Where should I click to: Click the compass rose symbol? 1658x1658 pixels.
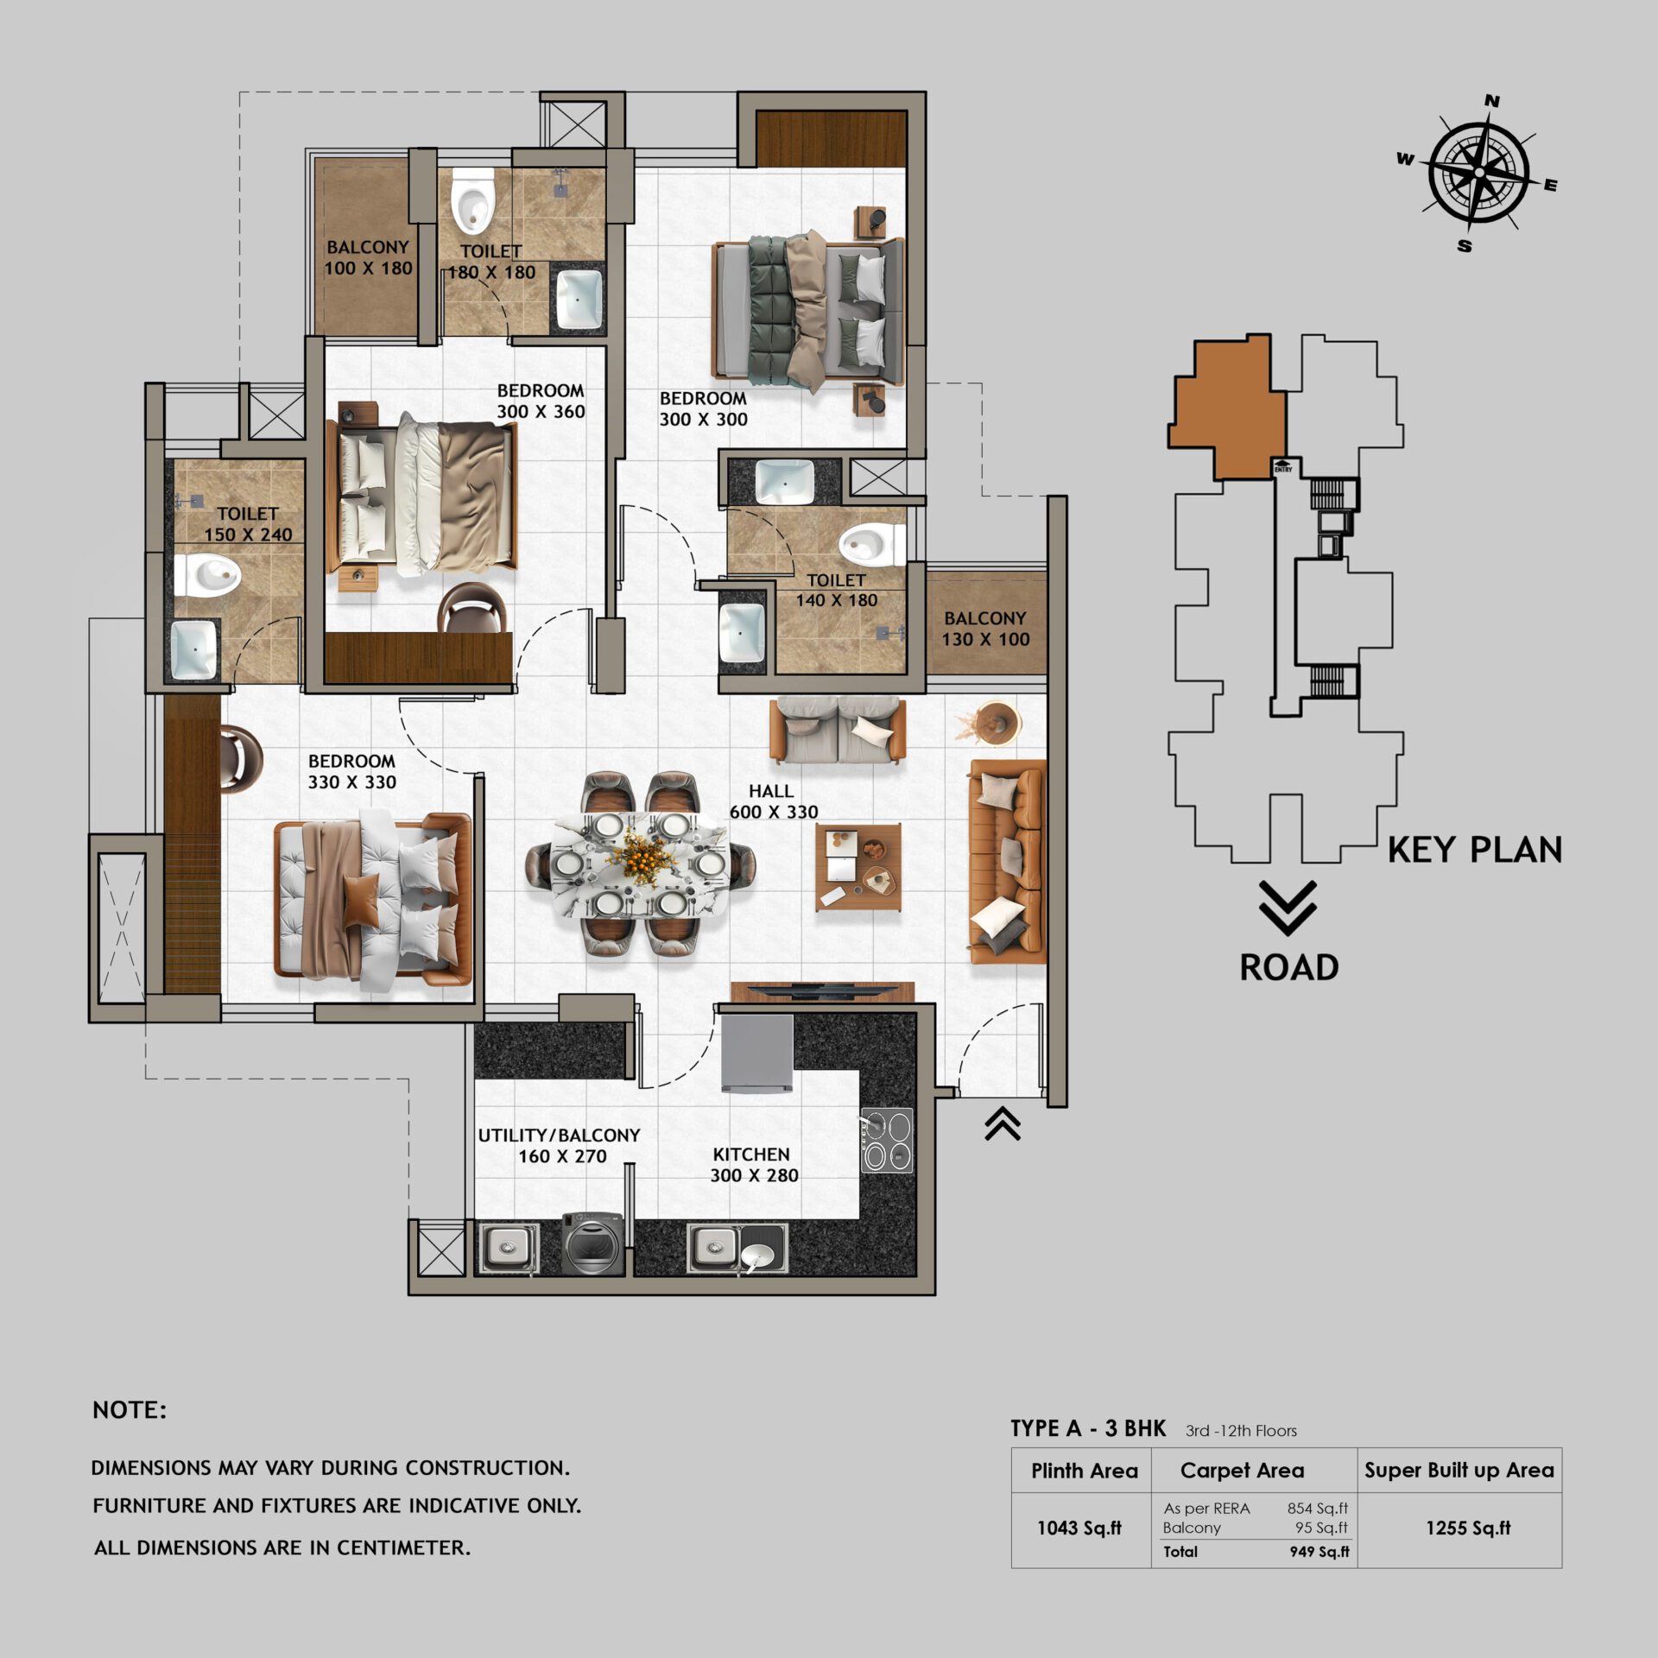point(1478,173)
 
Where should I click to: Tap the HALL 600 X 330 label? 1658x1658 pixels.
point(773,801)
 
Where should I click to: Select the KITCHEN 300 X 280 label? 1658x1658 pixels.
point(753,1165)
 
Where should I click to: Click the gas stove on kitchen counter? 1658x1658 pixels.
point(887,1140)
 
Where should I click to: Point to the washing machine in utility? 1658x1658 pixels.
point(592,1243)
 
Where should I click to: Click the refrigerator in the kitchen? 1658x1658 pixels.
point(757,1054)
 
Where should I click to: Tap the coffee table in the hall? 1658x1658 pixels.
point(858,867)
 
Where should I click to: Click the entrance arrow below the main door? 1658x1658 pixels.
point(1003,1124)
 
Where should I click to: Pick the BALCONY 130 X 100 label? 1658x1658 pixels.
point(984,629)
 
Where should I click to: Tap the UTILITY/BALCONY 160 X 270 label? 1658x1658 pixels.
point(560,1146)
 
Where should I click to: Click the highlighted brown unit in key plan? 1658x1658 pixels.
point(1226,406)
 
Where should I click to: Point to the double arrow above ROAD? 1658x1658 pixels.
point(1287,908)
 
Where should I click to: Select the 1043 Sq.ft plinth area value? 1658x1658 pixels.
point(1079,1528)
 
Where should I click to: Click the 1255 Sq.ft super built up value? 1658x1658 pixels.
point(1467,1528)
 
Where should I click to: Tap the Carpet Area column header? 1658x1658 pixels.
point(1242,1471)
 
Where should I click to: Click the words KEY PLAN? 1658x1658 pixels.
point(1474,851)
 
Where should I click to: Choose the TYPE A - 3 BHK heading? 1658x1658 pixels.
point(1088,1429)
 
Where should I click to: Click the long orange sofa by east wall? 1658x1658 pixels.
point(1007,862)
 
